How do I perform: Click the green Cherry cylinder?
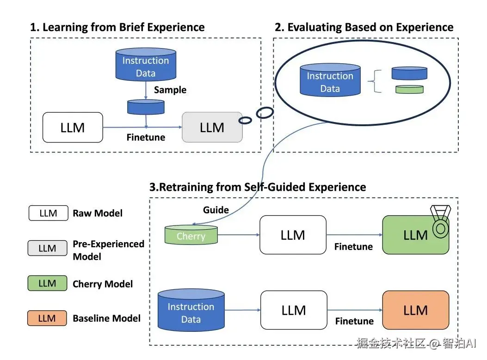[191, 235]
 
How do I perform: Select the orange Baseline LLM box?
[415, 310]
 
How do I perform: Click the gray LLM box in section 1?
[212, 127]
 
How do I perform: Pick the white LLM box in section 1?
[73, 127]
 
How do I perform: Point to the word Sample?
[170, 90]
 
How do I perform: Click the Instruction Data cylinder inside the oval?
[330, 80]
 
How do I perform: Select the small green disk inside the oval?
[409, 89]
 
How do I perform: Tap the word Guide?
[216, 210]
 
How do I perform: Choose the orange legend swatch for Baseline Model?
[47, 318]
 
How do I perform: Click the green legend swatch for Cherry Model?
[47, 284]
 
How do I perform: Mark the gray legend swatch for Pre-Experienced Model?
[47, 249]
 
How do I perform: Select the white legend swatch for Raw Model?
[48, 213]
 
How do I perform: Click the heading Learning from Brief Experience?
[117, 27]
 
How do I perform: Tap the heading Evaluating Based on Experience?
[364, 27]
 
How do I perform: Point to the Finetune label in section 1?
[146, 137]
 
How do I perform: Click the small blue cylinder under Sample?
[146, 107]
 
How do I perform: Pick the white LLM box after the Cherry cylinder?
[293, 235]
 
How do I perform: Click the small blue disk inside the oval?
[409, 73]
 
